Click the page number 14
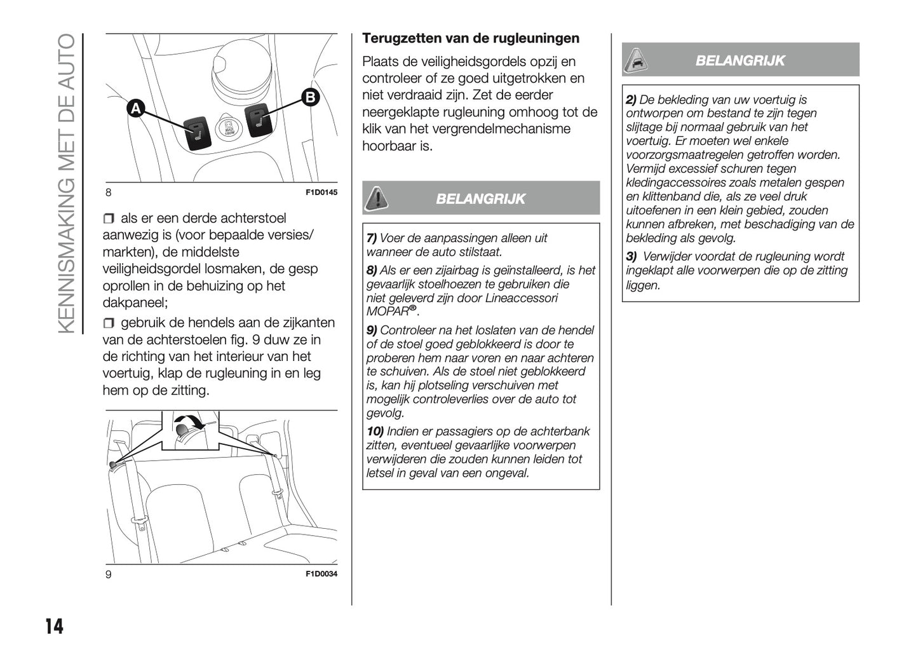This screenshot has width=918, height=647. pyautogui.click(x=55, y=627)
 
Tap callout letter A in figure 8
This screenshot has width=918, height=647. pyautogui.click(x=135, y=109)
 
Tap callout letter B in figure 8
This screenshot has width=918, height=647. pyautogui.click(x=309, y=97)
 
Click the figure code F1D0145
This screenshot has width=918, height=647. pyautogui.click(x=321, y=193)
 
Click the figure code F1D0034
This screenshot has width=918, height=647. pyautogui.click(x=321, y=574)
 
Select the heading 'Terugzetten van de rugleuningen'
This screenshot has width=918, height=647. pyautogui.click(x=471, y=38)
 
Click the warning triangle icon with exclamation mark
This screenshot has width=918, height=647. pyautogui.click(x=377, y=198)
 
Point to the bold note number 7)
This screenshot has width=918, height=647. pyautogui.click(x=372, y=238)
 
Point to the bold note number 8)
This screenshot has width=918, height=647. pyautogui.click(x=372, y=270)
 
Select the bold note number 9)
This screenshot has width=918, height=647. pyautogui.click(x=372, y=330)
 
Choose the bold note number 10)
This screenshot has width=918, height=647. pyautogui.click(x=374, y=432)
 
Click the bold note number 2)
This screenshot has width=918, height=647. pyautogui.click(x=631, y=100)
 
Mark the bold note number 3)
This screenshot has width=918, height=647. pyautogui.click(x=631, y=257)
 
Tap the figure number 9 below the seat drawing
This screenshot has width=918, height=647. pyautogui.click(x=109, y=574)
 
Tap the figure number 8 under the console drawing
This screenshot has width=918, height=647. pyautogui.click(x=109, y=193)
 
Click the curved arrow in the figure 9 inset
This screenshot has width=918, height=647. pyautogui.click(x=191, y=421)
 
